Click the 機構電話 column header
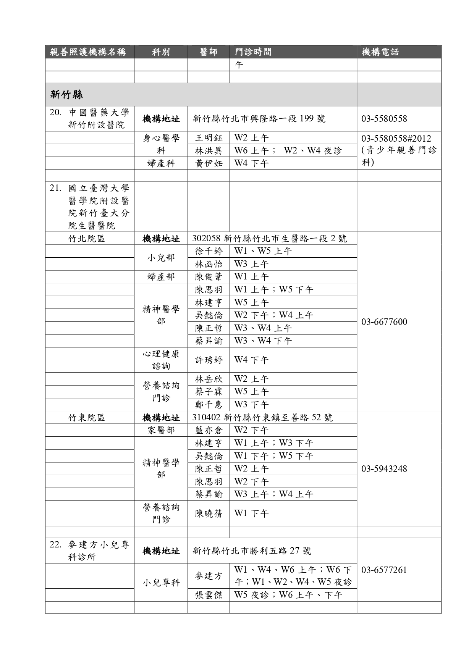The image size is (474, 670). coord(380,52)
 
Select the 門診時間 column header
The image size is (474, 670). coord(253,52)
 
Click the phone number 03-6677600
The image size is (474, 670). coord(384,322)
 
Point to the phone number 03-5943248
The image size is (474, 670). coord(384,469)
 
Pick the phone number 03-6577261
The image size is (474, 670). coord(384,570)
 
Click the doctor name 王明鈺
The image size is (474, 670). coord(209,138)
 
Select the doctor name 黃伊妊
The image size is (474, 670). coord(209,163)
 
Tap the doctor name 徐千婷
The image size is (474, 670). coord(209,251)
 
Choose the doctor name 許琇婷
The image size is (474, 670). coord(209,360)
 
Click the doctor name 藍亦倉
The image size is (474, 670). coord(209,430)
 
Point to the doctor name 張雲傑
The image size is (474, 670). coord(209,595)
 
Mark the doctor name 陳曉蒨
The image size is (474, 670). coord(209,513)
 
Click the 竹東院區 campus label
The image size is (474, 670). coord(86,418)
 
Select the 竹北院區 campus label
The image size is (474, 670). coord(86,239)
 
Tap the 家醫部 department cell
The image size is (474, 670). coord(161,430)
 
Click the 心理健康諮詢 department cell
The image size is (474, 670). coord(161,360)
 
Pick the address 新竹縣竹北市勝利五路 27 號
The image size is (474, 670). coord(252,551)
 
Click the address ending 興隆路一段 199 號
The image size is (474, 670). coord(259,119)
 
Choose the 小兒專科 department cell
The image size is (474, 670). coord(161,583)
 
